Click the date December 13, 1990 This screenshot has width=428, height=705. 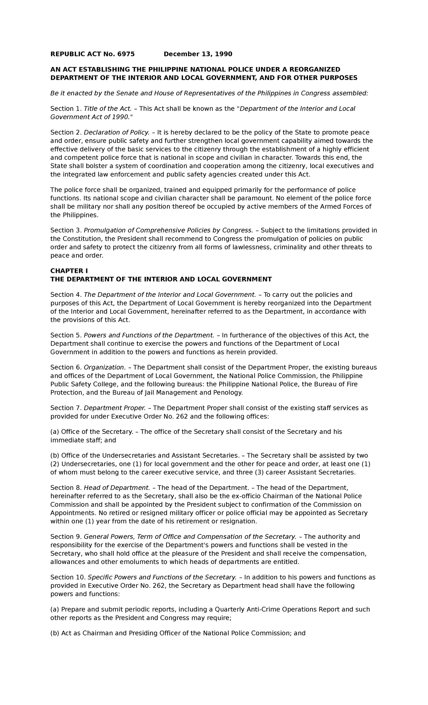point(198,54)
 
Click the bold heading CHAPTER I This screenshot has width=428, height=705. point(66,271)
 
